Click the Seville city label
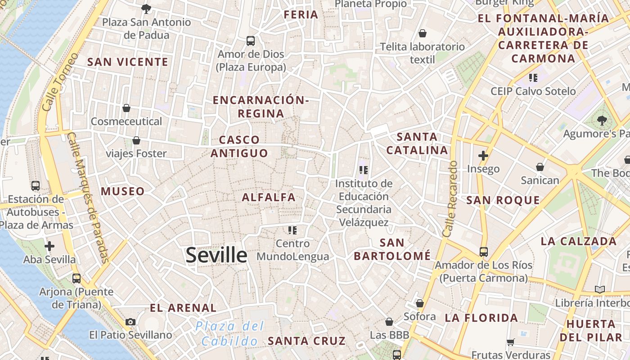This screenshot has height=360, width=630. point(216,255)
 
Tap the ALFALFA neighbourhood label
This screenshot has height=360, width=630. point(269,197)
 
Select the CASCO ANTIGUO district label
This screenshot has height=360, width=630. point(239,147)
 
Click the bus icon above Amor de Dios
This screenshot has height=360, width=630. point(251,41)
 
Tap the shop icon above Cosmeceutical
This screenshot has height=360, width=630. point(126,108)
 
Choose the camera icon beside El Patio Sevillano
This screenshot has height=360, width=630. point(130,322)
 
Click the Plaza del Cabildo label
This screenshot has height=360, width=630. point(230,333)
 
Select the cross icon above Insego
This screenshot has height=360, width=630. point(483,156)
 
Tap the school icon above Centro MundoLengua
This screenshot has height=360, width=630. point(292,230)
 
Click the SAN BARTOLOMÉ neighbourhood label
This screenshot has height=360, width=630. point(392,249)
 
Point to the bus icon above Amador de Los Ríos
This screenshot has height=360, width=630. point(483,252)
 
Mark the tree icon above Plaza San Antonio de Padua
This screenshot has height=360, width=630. point(146,9)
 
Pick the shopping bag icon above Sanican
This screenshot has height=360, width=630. point(540,167)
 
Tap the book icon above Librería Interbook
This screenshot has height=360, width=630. point(599,289)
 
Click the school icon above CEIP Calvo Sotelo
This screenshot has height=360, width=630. point(533,78)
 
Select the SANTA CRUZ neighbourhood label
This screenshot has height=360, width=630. point(307,341)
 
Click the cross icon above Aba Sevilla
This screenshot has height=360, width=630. point(49,246)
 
